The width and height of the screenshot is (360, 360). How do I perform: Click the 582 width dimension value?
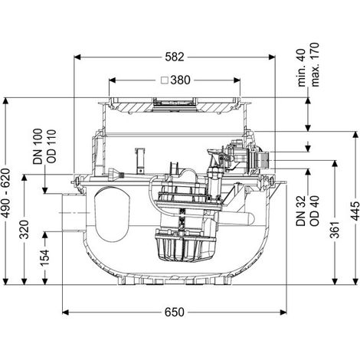pos(175,57)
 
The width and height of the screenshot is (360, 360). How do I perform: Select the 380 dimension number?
pos(180,80)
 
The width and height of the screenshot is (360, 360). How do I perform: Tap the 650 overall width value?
pos(175,312)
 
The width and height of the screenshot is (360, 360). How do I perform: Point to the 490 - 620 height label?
pos(5,193)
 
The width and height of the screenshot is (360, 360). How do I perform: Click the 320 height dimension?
pos(25,229)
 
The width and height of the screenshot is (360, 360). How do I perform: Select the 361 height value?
pos(335,230)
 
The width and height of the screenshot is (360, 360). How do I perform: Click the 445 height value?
pos(355,211)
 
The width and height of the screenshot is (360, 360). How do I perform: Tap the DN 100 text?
pos(38,146)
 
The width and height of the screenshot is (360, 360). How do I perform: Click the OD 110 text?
pos(51,146)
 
